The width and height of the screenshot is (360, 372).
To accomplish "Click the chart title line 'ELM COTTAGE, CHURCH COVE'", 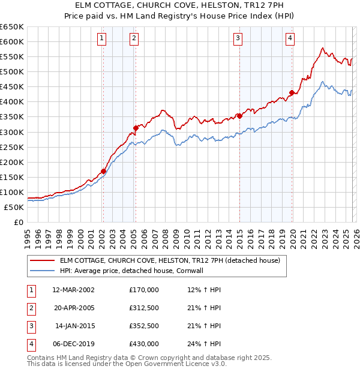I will coord(180,5).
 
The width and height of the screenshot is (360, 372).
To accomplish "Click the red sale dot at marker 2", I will coord(136,128).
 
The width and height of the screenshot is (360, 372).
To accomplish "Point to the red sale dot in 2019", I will coord(292,92).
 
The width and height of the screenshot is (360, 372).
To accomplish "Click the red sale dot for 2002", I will coord(103,171).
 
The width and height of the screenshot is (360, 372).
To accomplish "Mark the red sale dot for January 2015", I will coord(239,116).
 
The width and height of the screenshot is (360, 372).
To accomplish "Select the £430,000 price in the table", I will coord(144,344).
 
